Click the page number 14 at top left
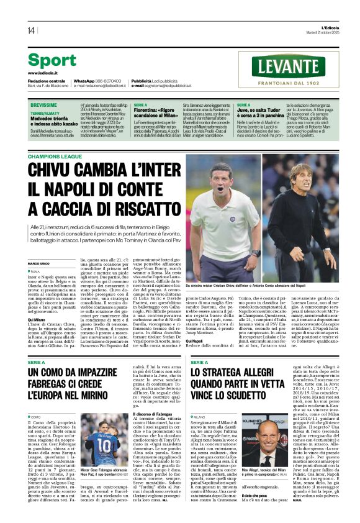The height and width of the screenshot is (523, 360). click(31, 30)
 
